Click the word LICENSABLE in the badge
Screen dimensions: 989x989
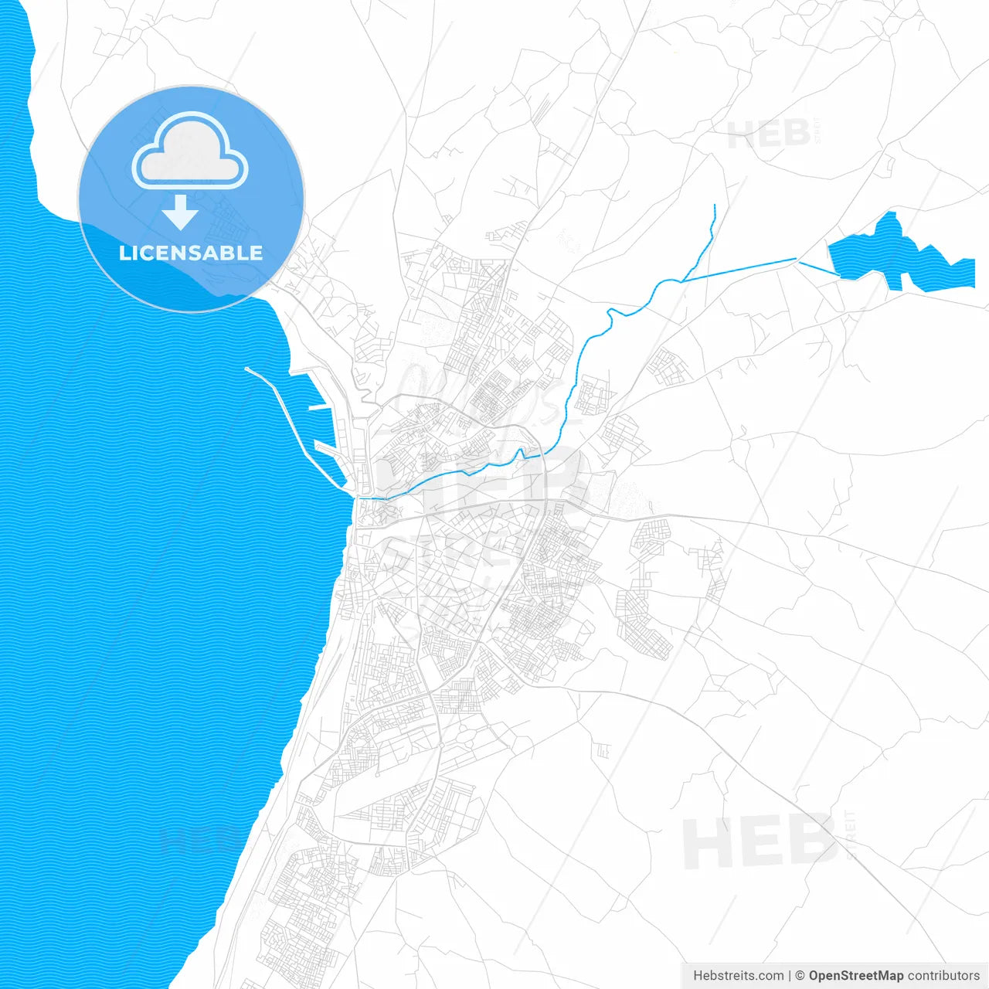click(x=191, y=253)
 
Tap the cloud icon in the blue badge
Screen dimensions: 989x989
click(x=190, y=153)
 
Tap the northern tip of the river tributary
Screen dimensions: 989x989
click(x=715, y=206)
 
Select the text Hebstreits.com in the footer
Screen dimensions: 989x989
click(x=738, y=976)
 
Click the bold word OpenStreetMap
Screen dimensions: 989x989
click(x=855, y=976)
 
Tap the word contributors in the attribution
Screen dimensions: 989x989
click(x=943, y=976)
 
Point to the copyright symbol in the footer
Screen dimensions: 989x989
click(x=800, y=976)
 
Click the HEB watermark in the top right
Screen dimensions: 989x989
click(x=769, y=134)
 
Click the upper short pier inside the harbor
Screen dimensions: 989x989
click(x=318, y=407)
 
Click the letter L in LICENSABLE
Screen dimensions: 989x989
click(x=124, y=253)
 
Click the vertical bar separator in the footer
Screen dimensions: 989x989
click(x=789, y=976)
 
